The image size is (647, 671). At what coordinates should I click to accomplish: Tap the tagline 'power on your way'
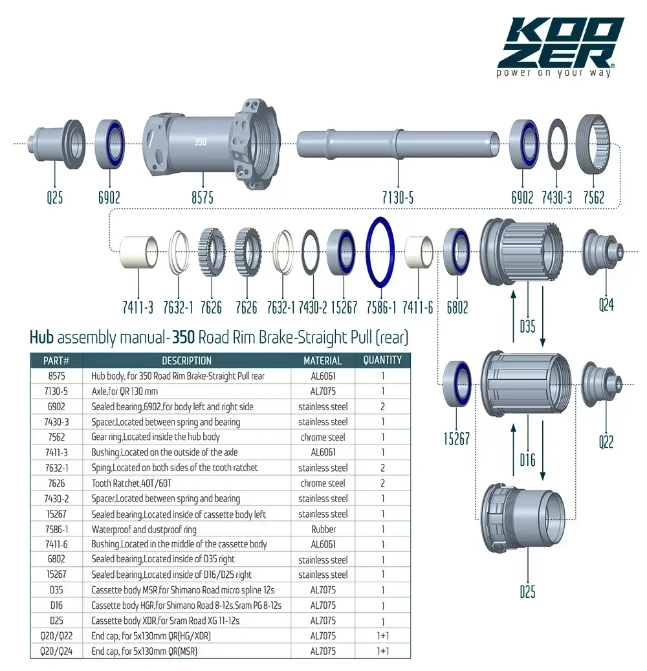click(x=553, y=72)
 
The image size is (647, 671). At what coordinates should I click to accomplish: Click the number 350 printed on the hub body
click(x=200, y=142)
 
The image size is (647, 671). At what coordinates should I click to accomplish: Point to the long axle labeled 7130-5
click(x=398, y=142)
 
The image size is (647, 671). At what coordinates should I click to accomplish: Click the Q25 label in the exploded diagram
click(x=55, y=197)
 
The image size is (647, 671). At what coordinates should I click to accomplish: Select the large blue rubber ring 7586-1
click(x=381, y=251)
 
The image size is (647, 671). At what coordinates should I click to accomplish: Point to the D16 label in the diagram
click(x=527, y=461)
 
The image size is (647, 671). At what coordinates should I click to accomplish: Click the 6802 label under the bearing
click(x=457, y=307)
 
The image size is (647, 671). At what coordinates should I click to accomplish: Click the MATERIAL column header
click(x=322, y=360)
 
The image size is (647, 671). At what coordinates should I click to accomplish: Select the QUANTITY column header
click(x=382, y=360)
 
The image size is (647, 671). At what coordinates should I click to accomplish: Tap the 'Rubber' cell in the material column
click(x=323, y=529)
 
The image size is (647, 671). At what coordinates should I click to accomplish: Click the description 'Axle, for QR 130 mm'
click(x=125, y=391)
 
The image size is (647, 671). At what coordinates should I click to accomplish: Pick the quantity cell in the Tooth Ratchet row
click(x=382, y=483)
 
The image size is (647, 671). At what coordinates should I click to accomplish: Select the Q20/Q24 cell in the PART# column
click(x=56, y=651)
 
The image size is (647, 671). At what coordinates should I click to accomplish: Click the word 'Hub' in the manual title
click(x=41, y=337)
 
